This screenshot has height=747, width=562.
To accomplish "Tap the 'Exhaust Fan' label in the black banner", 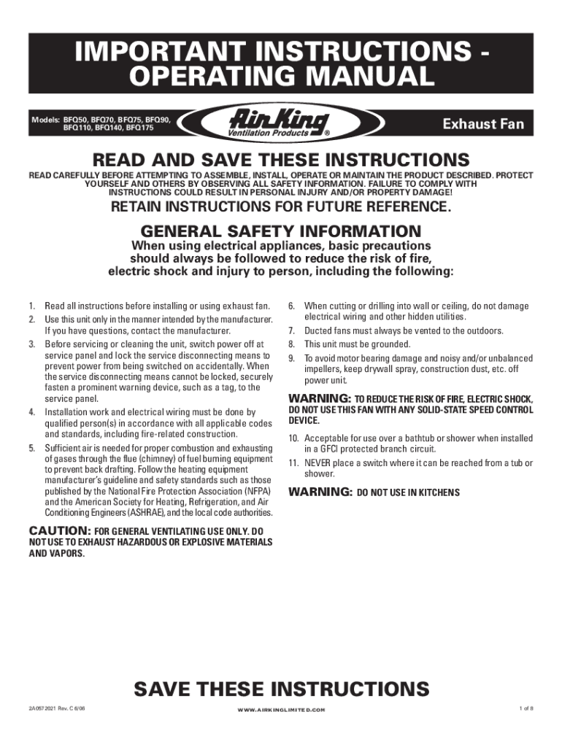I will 484,124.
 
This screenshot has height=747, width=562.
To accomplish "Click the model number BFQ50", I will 75,118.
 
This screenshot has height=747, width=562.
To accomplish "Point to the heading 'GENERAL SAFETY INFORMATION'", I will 281,230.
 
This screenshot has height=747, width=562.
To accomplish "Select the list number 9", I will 290,358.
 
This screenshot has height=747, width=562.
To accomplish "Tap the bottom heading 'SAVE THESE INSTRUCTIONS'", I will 281,689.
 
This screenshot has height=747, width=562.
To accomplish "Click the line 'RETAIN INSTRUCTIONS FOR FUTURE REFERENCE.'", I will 281,206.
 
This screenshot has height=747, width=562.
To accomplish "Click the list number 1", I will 31,306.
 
